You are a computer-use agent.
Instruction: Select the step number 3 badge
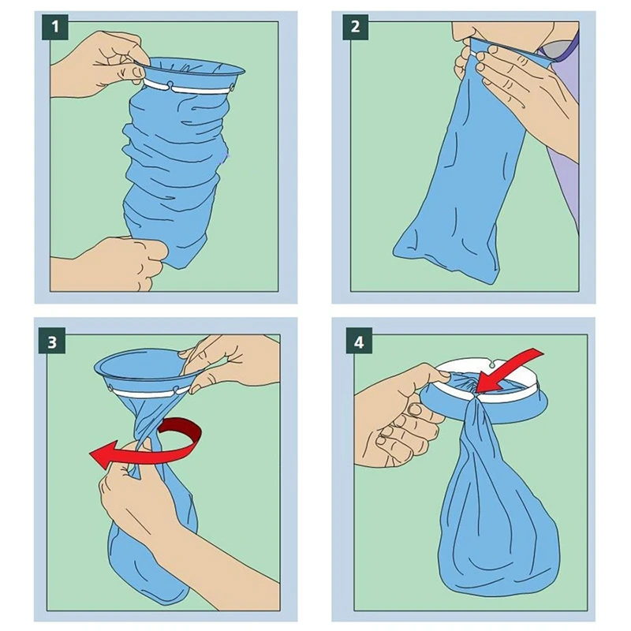pos(54,341)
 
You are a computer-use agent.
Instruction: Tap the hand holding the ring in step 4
pos(394,410)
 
